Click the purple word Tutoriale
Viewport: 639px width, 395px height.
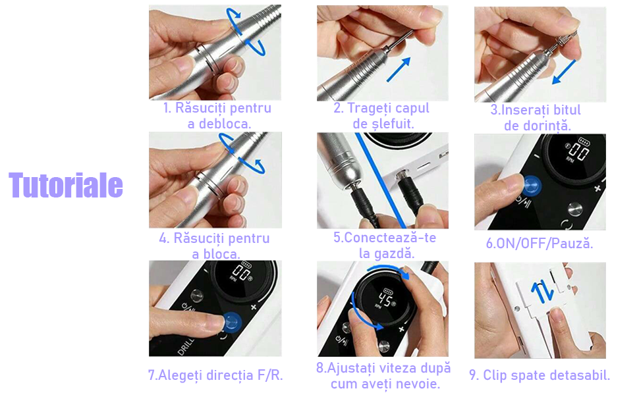[x=66, y=185]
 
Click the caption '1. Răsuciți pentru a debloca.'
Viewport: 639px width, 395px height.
[x=217, y=116]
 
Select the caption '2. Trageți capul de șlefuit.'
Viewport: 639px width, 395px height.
[x=382, y=116]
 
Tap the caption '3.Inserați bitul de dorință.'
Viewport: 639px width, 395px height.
[x=536, y=118]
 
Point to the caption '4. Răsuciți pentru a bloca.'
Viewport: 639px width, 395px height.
[x=215, y=246]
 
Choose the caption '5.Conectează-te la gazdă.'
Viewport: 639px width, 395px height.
[x=385, y=245]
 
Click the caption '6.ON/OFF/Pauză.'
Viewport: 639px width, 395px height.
[x=540, y=244]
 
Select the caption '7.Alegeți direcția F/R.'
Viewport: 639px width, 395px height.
[x=215, y=375]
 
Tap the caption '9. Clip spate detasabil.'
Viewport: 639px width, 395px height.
[x=540, y=375]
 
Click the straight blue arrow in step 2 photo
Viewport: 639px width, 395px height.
[x=398, y=70]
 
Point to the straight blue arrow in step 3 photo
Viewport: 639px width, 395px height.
[x=564, y=72]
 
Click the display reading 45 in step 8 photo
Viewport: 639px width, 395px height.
[x=384, y=300]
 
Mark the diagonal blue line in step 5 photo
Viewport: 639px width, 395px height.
[x=381, y=180]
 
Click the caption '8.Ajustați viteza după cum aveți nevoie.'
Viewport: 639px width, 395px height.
[x=383, y=375]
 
